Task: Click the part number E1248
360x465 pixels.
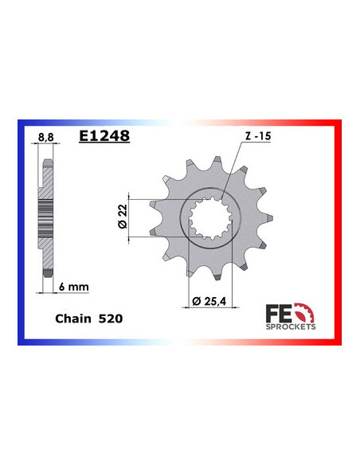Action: click(x=104, y=136)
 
